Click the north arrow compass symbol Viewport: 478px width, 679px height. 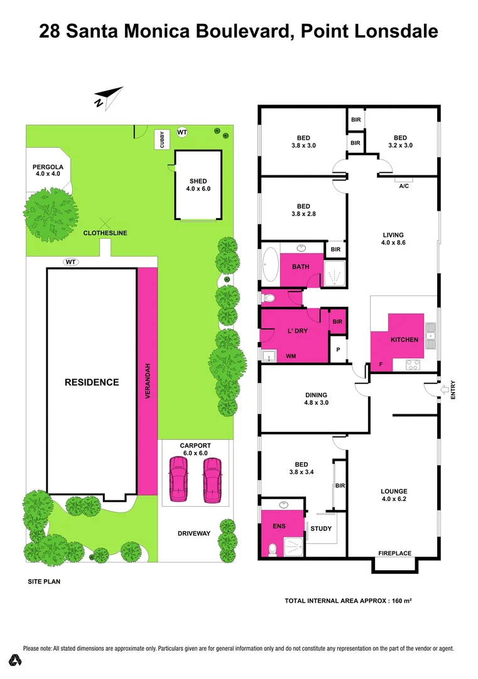107,96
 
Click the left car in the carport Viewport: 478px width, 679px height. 179,480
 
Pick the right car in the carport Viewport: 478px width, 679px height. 212,480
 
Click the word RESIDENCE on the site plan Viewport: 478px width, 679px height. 92,382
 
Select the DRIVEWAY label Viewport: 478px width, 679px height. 193,534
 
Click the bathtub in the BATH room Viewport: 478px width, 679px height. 272,265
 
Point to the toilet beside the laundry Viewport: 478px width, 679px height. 268,297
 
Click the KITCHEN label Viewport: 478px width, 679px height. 404,339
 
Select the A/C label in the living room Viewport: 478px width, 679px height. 404,187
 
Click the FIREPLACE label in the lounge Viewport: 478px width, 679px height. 394,553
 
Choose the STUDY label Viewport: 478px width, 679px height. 321,528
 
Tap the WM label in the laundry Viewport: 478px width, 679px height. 291,356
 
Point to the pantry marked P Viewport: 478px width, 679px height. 338,350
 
